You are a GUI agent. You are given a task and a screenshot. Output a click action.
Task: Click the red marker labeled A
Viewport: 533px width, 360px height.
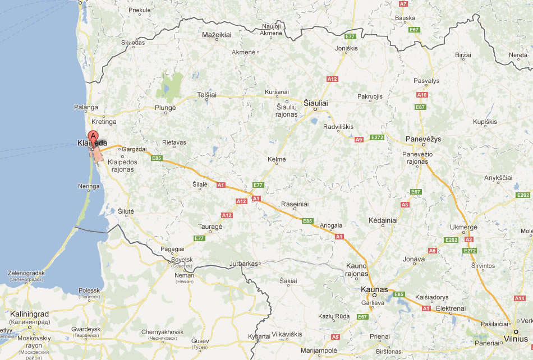94,136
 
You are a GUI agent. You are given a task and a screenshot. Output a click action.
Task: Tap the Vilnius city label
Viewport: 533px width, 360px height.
516,339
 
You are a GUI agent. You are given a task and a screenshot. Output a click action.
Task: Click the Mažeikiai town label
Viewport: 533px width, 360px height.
217,35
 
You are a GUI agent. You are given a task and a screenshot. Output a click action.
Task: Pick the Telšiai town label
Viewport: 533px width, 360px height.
206,95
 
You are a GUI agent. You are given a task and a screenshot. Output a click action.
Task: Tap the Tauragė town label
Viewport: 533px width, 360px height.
210,226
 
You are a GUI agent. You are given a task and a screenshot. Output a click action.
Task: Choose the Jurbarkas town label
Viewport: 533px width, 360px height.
243,263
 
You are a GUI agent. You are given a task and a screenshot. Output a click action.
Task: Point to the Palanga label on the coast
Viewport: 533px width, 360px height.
86,107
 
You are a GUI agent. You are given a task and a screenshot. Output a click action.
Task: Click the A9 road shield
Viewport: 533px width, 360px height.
359,139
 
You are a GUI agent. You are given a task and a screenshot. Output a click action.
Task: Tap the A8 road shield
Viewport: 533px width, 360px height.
405,205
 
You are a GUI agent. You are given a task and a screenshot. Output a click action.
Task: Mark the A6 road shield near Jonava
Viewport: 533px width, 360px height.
432,251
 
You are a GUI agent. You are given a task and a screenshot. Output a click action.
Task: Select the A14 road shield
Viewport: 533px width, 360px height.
520,298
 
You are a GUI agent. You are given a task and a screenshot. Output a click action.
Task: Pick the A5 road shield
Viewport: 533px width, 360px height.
335,337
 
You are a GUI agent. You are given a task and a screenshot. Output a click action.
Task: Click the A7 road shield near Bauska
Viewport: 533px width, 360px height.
403,4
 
